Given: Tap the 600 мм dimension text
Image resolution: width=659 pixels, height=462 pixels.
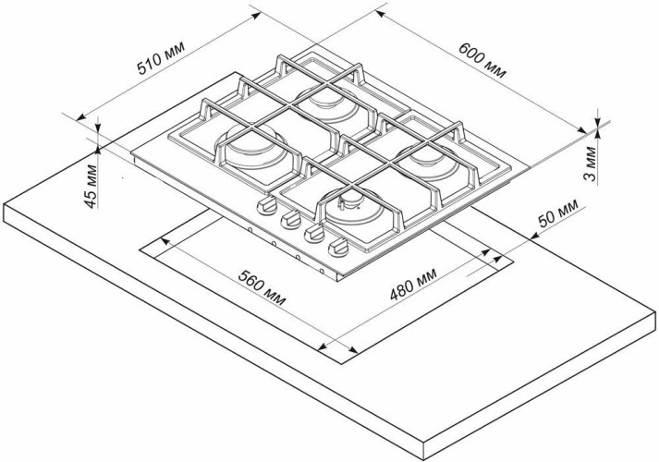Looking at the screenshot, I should (483, 62).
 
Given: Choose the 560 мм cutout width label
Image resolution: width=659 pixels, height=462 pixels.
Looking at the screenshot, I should (261, 289).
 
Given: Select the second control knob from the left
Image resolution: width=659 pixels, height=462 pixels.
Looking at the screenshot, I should (290, 219).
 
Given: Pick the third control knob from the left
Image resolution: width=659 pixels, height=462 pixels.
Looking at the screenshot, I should (313, 232).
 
